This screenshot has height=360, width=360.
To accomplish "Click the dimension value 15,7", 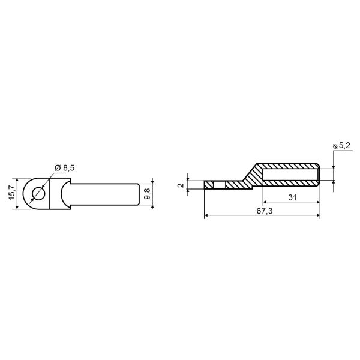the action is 12,193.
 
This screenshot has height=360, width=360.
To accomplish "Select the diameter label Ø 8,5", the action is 65,168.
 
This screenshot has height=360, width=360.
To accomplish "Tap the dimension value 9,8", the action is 147,194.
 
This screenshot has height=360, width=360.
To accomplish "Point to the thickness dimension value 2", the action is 181,185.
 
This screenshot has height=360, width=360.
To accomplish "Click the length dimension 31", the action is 292,197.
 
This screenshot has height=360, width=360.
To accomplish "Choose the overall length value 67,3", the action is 265,211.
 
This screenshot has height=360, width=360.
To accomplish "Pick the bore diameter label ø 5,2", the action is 342,146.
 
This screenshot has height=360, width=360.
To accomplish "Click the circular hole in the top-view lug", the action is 39,194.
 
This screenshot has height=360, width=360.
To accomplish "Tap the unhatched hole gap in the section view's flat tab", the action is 220,185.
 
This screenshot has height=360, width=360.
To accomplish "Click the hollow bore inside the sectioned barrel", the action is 290,175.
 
